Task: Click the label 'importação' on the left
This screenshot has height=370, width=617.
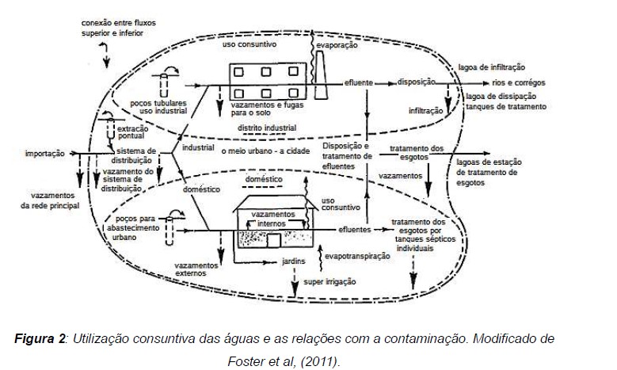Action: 44,154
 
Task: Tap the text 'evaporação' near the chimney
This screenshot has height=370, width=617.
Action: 337,46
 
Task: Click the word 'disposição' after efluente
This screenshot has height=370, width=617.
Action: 419,82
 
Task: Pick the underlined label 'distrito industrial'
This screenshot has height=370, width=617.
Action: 268,128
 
